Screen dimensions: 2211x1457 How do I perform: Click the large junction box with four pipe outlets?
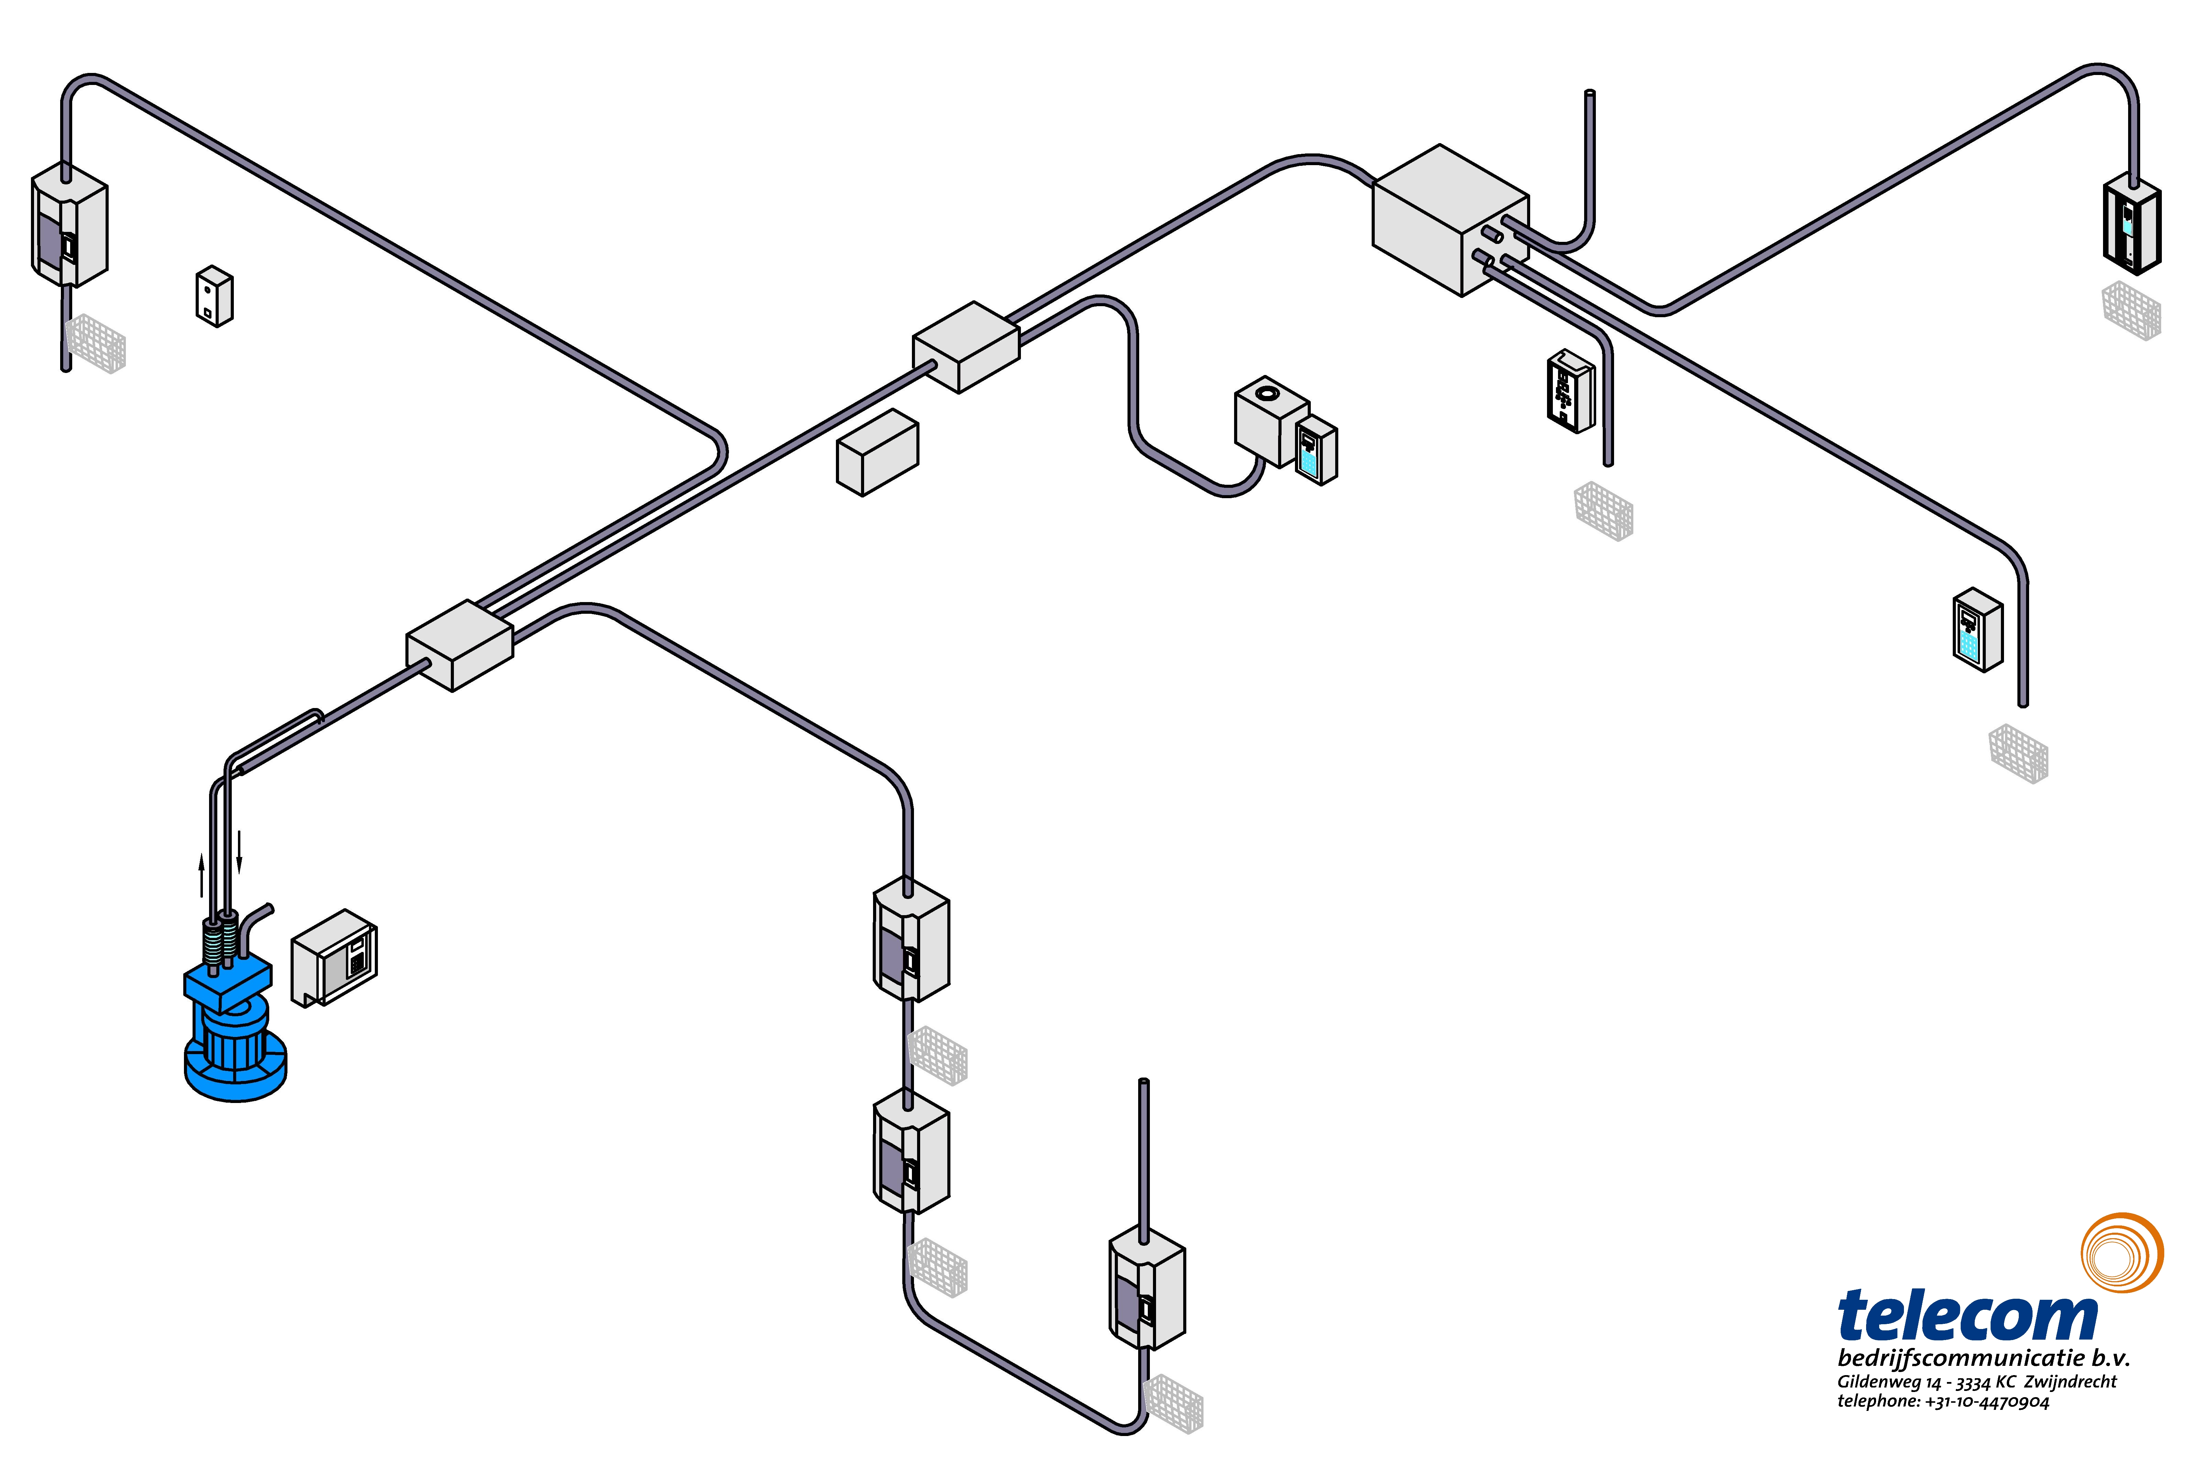pos(1450,220)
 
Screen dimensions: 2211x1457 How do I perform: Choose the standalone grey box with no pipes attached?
pos(877,452)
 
